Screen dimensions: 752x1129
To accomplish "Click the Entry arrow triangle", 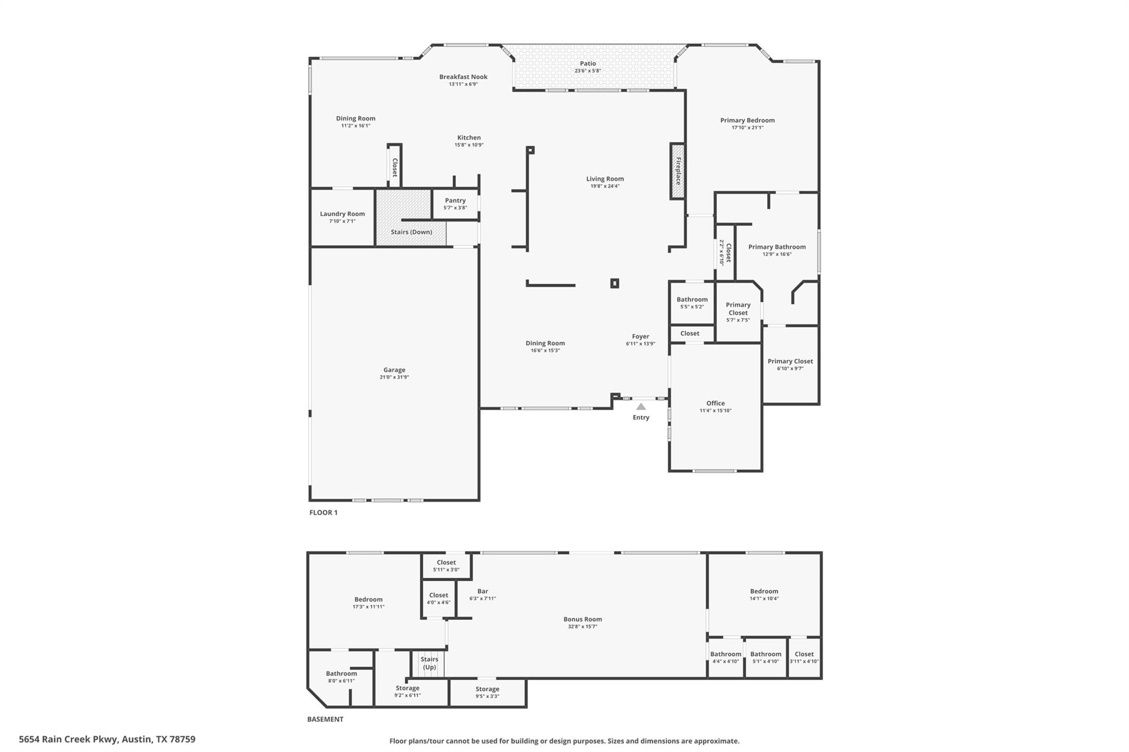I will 641,407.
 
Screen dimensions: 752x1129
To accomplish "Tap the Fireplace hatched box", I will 678,171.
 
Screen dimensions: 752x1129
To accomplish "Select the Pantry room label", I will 455,201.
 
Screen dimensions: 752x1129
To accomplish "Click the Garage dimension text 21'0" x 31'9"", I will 394,377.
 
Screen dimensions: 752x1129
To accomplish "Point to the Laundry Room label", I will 342,214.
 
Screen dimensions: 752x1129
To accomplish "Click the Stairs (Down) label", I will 411,232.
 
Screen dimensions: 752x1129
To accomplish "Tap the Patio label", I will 588,63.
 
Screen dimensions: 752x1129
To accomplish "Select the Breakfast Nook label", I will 463,77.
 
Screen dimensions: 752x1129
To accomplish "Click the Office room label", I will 716,403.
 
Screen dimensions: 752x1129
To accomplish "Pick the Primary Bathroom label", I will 777,247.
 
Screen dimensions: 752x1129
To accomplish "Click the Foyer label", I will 641,336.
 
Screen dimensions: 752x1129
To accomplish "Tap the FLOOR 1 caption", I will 323,512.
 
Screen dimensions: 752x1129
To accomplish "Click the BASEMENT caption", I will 325,719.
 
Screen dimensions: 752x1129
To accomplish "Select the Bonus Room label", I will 583,619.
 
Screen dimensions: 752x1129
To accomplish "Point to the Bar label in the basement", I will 482,591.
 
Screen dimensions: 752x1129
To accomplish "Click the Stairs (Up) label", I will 429,663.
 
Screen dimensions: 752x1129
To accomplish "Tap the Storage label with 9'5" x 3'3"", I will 487,689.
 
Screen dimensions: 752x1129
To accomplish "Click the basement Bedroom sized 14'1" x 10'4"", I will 764,591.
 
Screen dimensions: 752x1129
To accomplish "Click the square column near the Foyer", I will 615,283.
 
